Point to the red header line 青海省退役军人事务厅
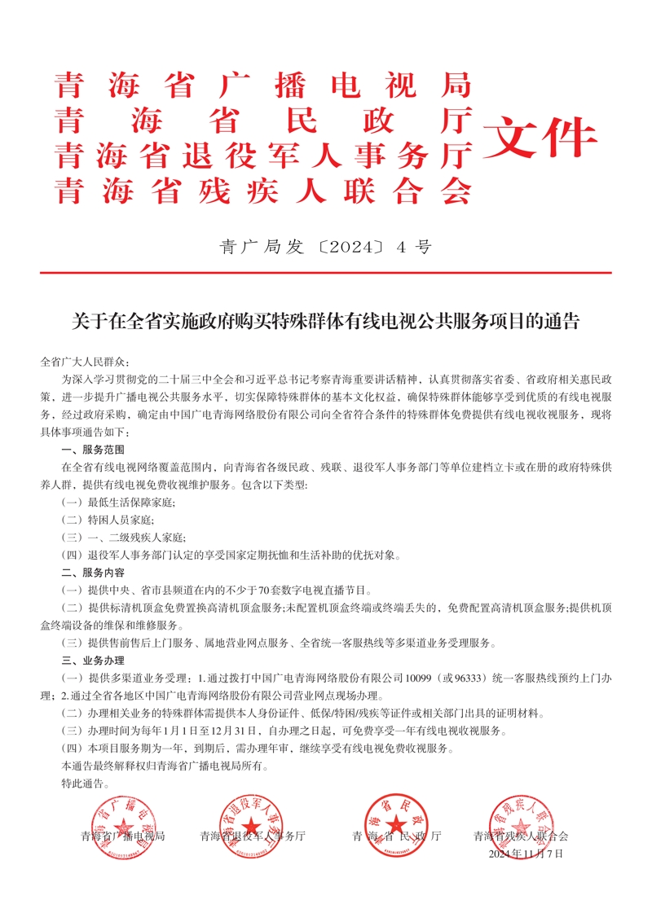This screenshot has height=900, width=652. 263,154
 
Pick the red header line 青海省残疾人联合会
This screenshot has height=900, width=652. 263,190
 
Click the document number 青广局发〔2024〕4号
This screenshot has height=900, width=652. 325,248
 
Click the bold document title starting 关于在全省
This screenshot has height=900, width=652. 325,322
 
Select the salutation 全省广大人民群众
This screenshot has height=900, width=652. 84,362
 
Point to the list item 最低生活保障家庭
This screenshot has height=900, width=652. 118,503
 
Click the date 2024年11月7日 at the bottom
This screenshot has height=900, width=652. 526,854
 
